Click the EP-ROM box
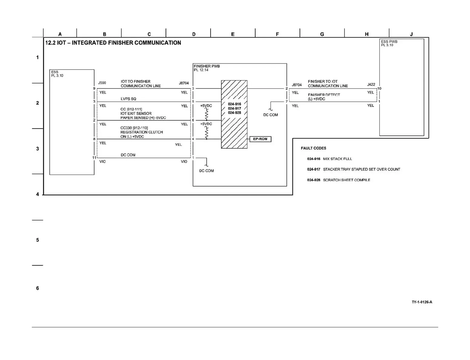pos(260,139)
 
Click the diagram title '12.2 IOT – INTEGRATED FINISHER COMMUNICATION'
pos(113,43)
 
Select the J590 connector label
pos(102,83)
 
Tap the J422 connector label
pos(371,84)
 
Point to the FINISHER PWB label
pos(207,66)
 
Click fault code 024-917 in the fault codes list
pos(313,169)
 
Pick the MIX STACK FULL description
pos(337,159)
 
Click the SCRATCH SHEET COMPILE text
pos(346,180)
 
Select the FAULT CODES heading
pos(313,148)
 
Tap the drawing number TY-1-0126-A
pos(422,302)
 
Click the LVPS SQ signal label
pos(128,99)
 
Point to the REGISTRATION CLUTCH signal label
pos(141,132)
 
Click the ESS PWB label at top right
pos(389,42)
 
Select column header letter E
pos(233,34)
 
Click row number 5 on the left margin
pos(38,240)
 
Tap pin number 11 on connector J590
pos(94,158)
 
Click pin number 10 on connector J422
pos(379,88)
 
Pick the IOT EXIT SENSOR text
pos(136,113)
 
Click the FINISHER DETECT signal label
pos(324,95)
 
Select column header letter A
pos(60,34)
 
